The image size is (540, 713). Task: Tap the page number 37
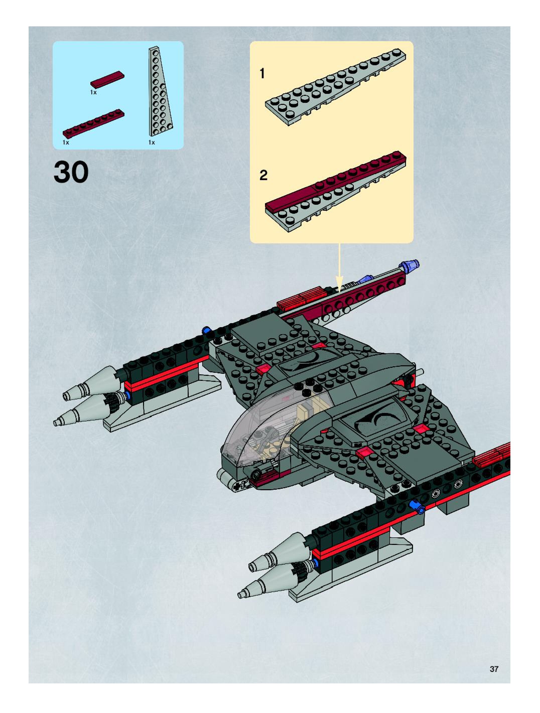click(494, 669)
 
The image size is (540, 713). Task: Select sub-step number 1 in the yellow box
click(262, 74)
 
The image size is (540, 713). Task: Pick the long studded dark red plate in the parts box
click(94, 123)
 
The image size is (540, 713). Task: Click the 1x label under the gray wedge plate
click(152, 142)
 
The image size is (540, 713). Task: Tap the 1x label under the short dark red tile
click(93, 93)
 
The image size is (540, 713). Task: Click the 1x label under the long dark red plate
click(66, 142)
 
